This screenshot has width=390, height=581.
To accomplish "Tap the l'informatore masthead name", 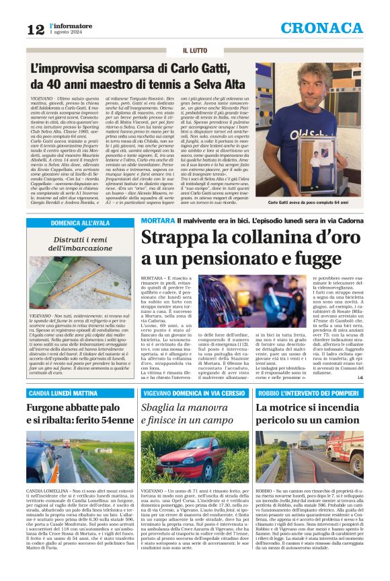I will (69, 24).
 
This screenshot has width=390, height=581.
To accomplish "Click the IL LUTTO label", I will (195, 50).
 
